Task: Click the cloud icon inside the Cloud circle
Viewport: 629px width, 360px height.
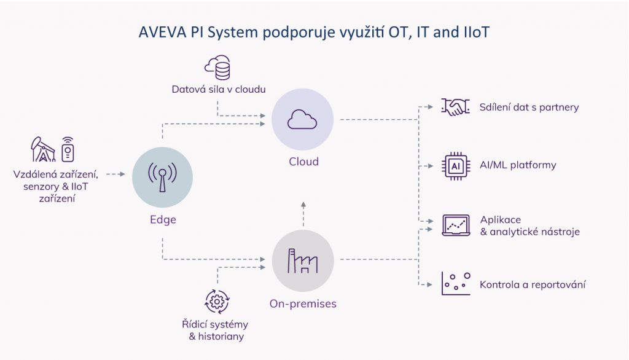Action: [303, 119]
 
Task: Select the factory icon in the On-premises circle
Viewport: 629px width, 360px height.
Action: [303, 260]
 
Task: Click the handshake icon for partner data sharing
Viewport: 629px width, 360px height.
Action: [456, 108]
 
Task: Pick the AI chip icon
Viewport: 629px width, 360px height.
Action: [456, 166]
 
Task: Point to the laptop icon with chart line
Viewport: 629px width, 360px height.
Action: [456, 225]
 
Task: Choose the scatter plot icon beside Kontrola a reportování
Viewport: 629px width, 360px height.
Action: [456, 284]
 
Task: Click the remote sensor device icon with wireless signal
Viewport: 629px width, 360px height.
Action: [67, 149]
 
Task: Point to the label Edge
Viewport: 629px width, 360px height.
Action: [163, 219]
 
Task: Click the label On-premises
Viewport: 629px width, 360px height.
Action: [303, 303]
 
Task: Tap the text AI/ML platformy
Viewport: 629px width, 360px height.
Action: [518, 165]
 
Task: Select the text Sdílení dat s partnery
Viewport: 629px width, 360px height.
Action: [529, 108]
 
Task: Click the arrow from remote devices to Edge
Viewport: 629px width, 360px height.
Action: [115, 174]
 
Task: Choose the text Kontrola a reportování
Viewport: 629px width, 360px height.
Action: [532, 284]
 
